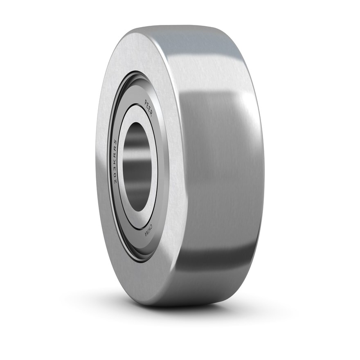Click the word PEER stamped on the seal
tap(148, 108)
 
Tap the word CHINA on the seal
tap(148, 229)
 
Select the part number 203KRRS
tap(115, 161)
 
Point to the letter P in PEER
tap(146, 102)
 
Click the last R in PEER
tap(151, 114)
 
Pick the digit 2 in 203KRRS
tap(115, 181)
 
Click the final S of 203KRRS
tap(115, 142)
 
